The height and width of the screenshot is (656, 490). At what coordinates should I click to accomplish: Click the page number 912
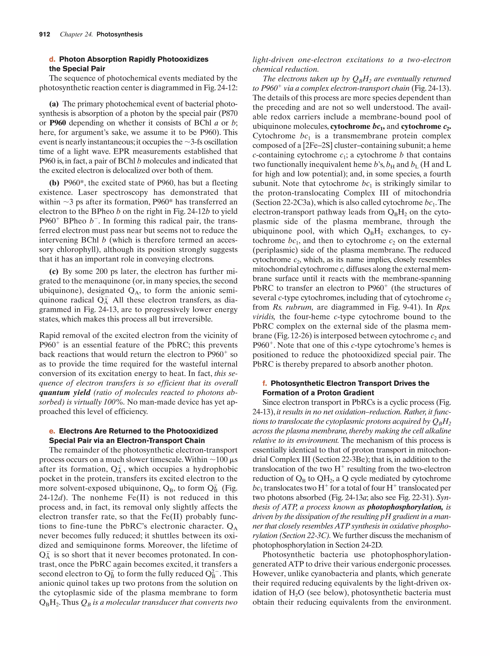(45, 34)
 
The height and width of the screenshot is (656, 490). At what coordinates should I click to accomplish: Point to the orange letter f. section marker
(264, 383)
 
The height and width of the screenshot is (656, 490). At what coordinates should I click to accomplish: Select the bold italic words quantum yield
(65, 393)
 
